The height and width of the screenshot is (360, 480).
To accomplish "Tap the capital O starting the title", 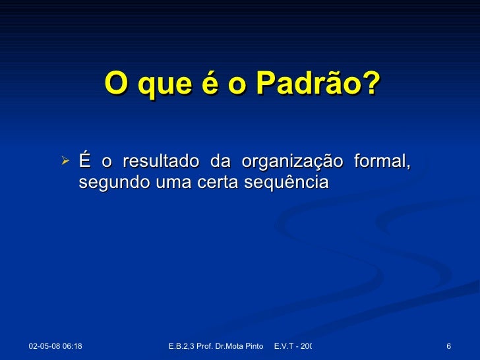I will click(114, 84).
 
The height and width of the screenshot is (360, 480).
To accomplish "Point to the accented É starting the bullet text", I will click(84, 160).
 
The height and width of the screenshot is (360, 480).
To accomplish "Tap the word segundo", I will click(105, 183).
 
